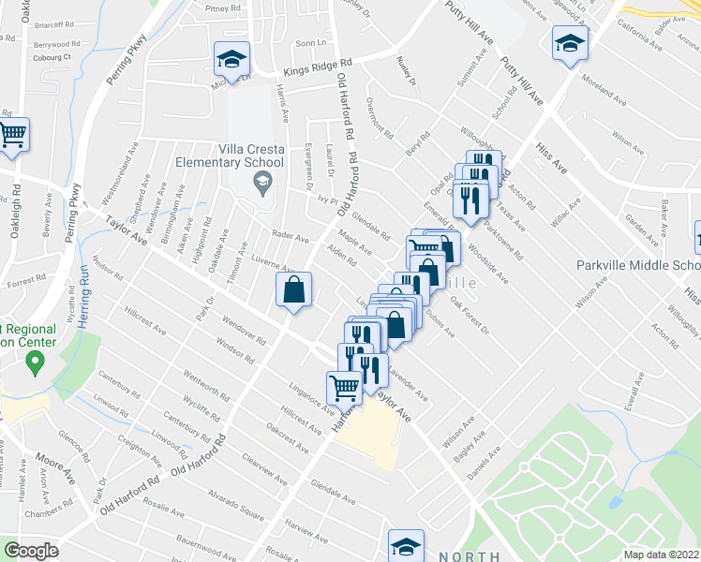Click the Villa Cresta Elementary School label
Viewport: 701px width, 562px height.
(263, 155)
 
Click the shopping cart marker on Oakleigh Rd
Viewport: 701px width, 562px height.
(13, 135)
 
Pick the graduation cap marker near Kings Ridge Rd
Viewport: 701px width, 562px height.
(231, 60)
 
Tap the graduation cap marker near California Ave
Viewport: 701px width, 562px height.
(569, 43)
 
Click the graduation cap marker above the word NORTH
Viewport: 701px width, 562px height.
(407, 546)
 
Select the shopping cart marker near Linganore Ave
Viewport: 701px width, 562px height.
(344, 387)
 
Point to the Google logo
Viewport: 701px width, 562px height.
(31, 551)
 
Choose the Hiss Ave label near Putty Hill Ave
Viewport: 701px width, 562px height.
(550, 155)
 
